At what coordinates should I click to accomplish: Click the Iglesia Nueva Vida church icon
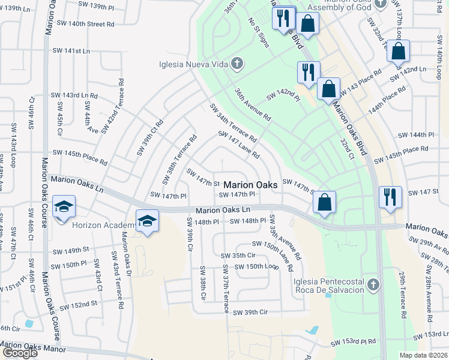237,64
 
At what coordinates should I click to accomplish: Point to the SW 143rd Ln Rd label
74,95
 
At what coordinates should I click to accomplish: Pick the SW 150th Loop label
256,266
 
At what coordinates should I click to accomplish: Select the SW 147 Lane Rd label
239,145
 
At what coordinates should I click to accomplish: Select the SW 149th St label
70,250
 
